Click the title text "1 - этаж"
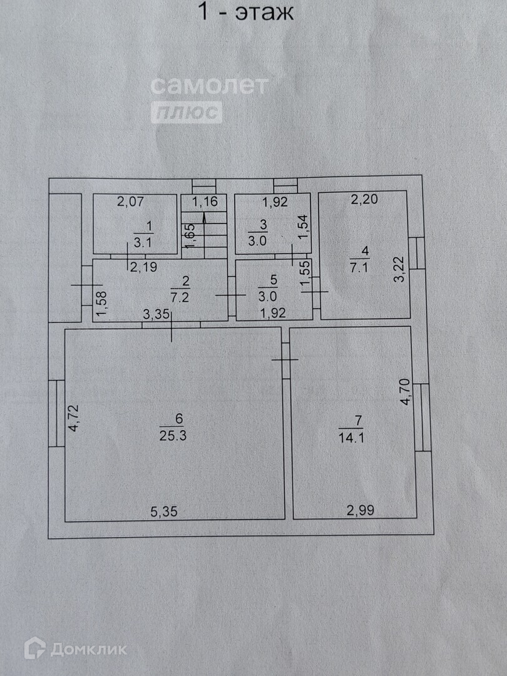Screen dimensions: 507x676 point(245,12)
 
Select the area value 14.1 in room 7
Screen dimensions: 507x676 point(351,438)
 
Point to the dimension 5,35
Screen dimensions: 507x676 point(165,511)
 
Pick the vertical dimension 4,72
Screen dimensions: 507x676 point(74,419)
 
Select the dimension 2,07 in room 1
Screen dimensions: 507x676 point(131,202)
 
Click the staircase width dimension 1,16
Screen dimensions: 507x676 point(204,202)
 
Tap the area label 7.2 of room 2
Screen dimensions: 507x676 point(179,297)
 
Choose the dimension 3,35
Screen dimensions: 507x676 point(156,315)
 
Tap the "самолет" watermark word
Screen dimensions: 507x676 point(210,84)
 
